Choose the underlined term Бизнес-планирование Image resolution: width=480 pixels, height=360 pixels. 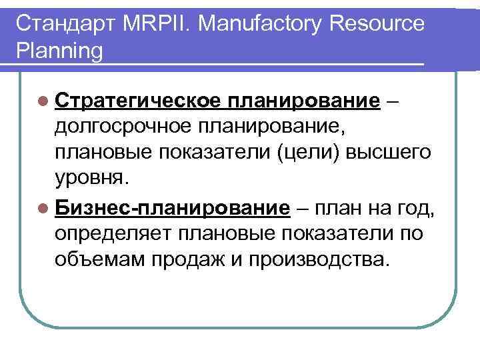pyautogui.click(x=173, y=208)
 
